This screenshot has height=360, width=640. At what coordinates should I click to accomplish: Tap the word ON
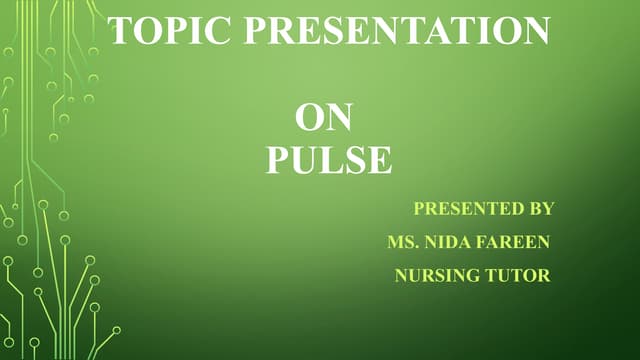[x=324, y=119]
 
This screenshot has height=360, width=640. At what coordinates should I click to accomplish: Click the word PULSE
[x=328, y=161]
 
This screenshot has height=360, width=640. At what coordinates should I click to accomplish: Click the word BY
[x=539, y=209]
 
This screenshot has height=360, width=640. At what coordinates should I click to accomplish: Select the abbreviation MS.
[x=401, y=242]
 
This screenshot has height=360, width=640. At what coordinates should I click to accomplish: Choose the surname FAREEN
[x=514, y=242]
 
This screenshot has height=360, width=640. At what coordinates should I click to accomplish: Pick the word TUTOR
[x=517, y=275]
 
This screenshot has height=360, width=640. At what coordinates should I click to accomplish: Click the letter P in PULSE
[x=276, y=161]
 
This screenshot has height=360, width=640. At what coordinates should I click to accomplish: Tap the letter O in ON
[x=310, y=119]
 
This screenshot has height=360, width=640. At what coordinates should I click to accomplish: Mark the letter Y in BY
[x=547, y=209]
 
